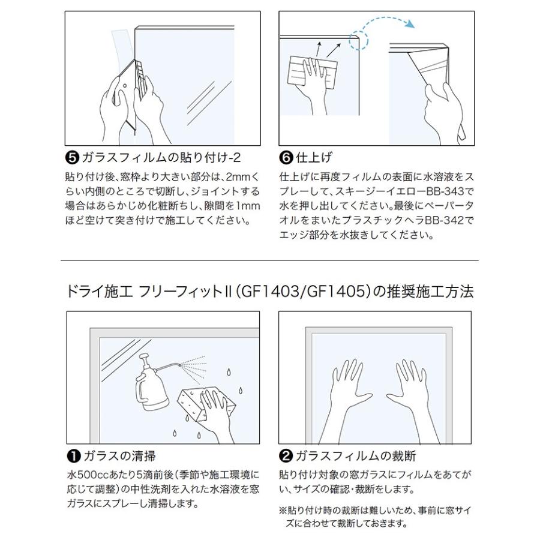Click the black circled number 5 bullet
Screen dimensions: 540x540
pyautogui.click(x=71, y=158)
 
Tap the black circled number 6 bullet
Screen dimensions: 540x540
pyautogui.click(x=286, y=158)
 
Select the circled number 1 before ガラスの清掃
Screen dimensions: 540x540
pyautogui.click(x=71, y=456)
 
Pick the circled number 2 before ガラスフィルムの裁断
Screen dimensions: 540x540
pyautogui.click(x=286, y=456)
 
